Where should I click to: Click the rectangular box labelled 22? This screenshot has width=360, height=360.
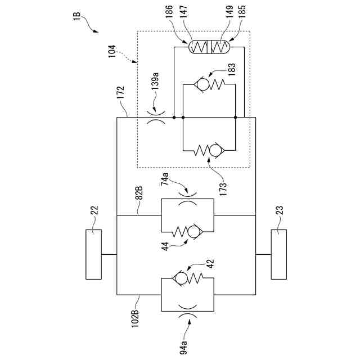[x=93, y=254]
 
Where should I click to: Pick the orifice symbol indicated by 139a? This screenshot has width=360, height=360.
[x=156, y=118]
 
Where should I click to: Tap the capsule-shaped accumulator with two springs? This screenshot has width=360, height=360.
[x=208, y=47]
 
